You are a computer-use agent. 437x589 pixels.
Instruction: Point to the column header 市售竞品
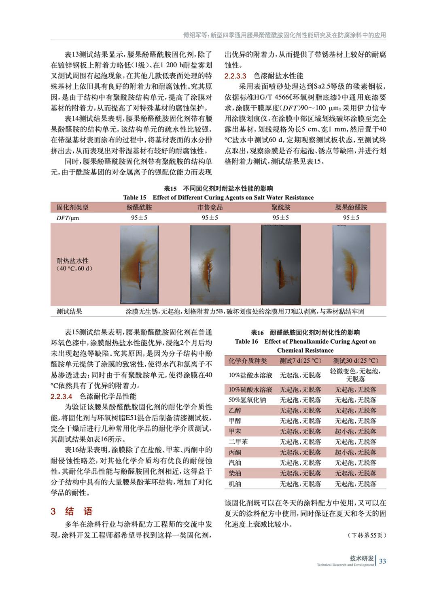[210, 208]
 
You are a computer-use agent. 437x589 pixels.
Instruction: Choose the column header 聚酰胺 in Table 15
[280, 208]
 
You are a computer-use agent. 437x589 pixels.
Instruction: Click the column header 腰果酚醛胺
[351, 208]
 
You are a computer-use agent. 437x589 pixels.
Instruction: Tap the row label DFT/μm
[68, 218]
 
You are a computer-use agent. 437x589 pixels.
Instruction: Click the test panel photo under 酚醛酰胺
[139, 264]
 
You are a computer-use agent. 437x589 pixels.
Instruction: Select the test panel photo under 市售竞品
[210, 264]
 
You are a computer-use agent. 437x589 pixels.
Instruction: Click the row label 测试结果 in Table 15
[69, 311]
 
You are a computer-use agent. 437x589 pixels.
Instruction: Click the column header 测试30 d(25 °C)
[355, 361]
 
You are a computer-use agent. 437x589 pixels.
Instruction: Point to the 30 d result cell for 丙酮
[355, 452]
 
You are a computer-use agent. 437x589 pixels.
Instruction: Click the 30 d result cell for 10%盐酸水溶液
[355, 375]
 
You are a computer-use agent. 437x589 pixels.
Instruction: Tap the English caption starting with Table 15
[218, 198]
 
